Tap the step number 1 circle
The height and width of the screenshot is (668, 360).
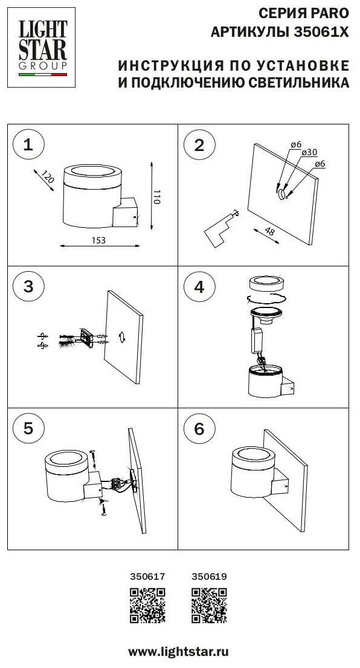coord(28,146)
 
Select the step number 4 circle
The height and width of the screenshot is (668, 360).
coord(199,287)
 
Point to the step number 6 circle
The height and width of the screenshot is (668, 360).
coord(199,429)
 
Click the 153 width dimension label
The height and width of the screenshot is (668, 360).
coord(98,240)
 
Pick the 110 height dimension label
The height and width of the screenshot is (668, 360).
coord(156,196)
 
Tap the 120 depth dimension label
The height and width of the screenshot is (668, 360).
coord(48,177)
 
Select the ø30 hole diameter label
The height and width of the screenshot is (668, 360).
coord(309,153)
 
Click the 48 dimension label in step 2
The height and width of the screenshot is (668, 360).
coord(269,232)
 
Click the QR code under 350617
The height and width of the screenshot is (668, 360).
coord(147,606)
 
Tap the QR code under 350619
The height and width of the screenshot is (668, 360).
coord(209,606)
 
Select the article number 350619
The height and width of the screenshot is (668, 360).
coord(209,577)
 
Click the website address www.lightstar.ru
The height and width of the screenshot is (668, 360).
coord(178,651)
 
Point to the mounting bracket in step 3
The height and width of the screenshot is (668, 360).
coord(88,338)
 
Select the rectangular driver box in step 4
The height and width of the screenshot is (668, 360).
coord(257,341)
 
